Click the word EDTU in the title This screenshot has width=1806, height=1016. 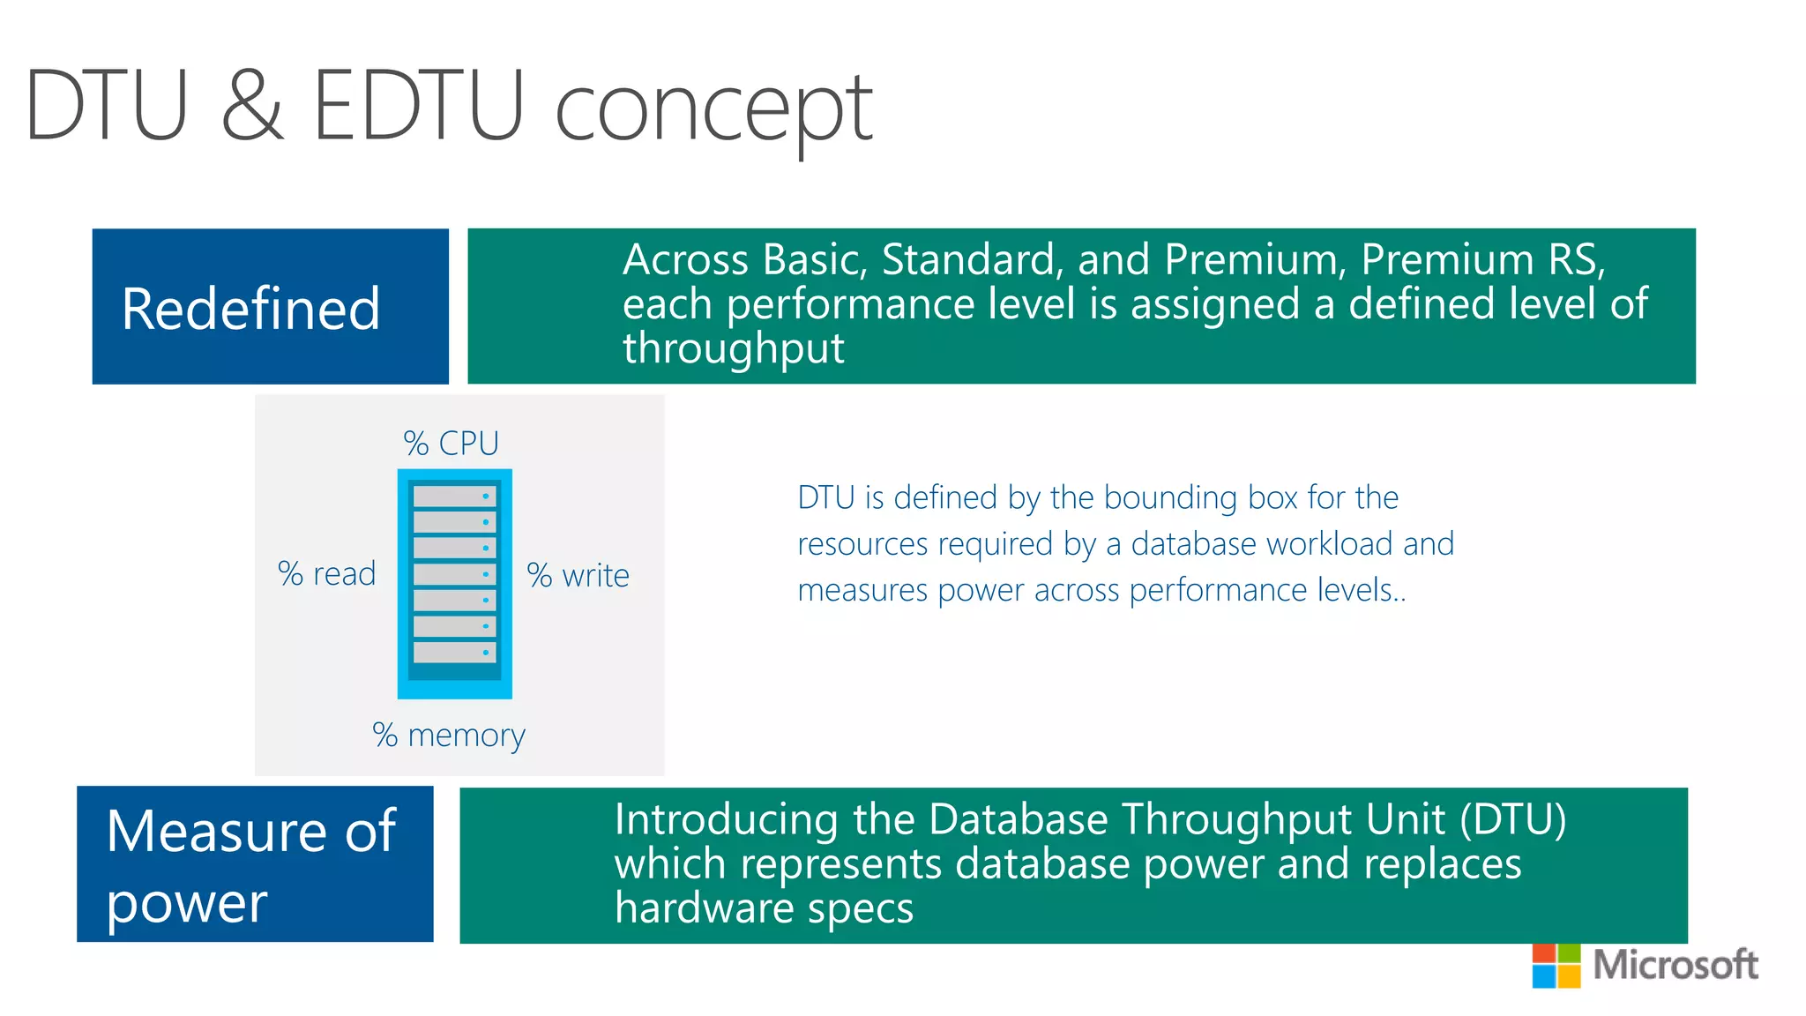pyautogui.click(x=419, y=106)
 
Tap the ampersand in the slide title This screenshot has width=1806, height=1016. pyautogui.click(x=253, y=106)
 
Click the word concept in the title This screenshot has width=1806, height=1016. pyautogui.click(x=714, y=110)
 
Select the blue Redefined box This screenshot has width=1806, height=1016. pyautogui.click(x=270, y=307)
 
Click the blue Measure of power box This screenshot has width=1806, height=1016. pyautogui.click(x=255, y=864)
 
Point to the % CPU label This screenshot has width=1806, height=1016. pyautogui.click(x=451, y=443)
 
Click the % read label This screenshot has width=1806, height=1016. pyautogui.click(x=326, y=574)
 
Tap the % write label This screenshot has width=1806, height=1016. pyautogui.click(x=578, y=576)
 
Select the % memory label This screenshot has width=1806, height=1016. pyautogui.click(x=448, y=735)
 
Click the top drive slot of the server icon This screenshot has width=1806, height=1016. pyautogui.click(x=454, y=496)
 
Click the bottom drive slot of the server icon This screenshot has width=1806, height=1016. pyautogui.click(x=454, y=653)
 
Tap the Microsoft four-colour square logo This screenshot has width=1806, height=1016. pyautogui.click(x=1556, y=966)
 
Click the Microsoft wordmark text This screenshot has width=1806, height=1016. pyautogui.click(x=1675, y=965)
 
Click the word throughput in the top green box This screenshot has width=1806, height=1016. pyautogui.click(x=734, y=349)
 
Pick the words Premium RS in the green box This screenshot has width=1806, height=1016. pyautogui.click(x=1481, y=260)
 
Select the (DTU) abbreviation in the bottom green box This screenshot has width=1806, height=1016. pyautogui.click(x=1512, y=818)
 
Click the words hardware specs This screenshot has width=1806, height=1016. pyautogui.click(x=764, y=908)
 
